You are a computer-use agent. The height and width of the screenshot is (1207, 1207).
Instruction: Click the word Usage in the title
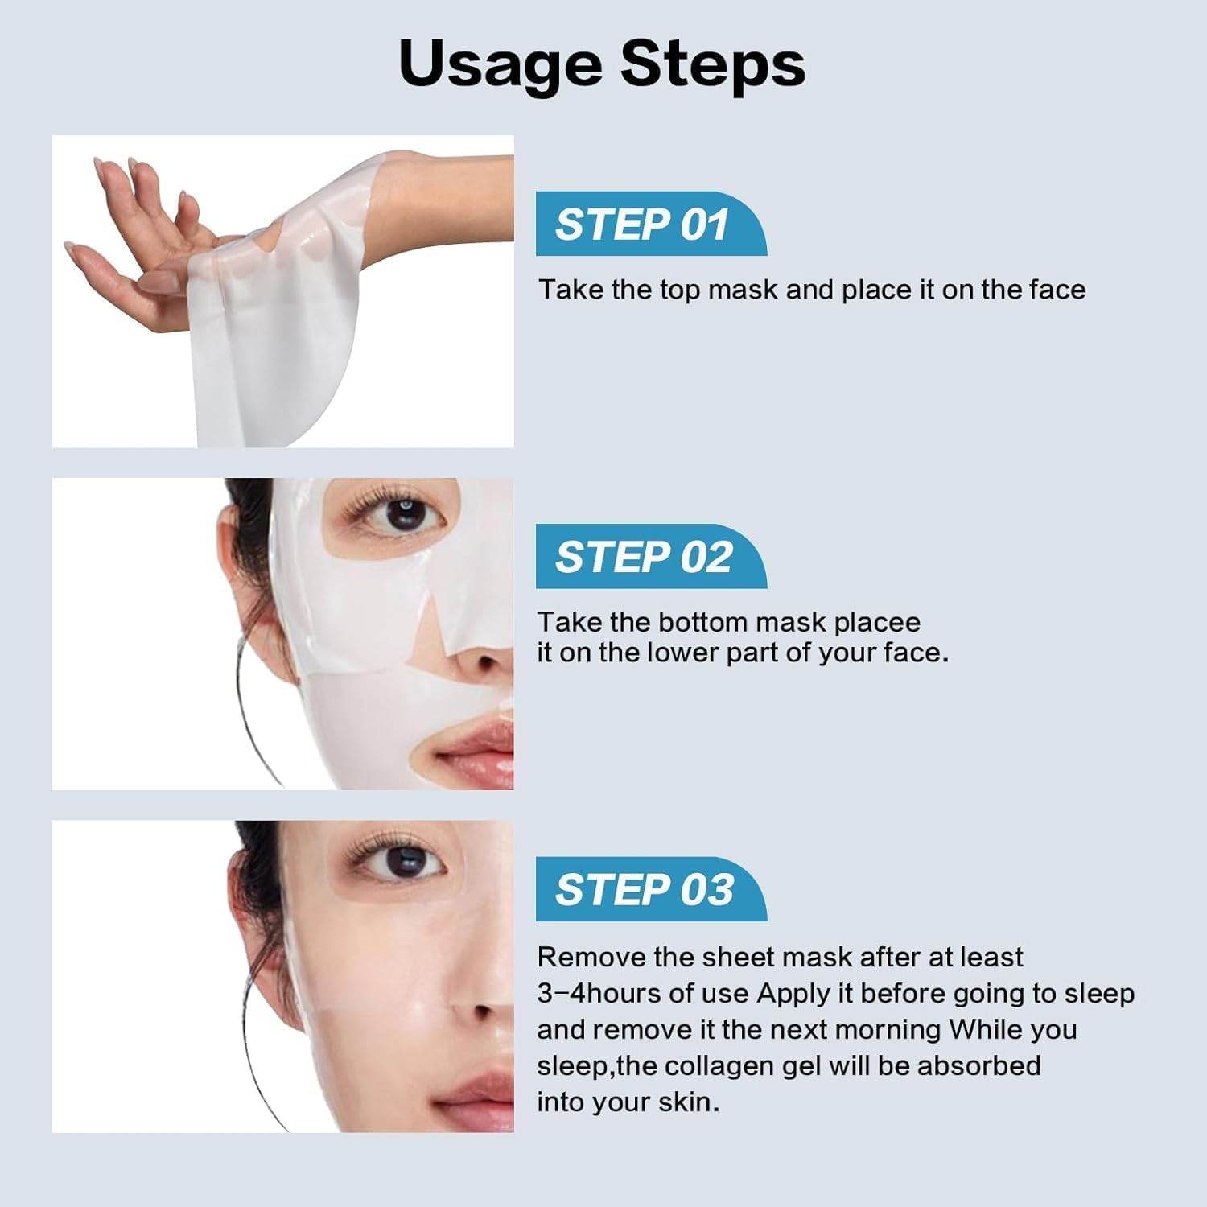coord(499,64)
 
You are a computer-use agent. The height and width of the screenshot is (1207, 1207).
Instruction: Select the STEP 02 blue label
coord(644,557)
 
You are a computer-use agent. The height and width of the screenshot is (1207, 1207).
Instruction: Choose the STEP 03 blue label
coord(644,890)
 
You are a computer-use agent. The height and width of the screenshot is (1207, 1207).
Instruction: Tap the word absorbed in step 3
coord(978,1065)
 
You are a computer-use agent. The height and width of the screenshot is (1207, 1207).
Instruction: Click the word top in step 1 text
coord(680,290)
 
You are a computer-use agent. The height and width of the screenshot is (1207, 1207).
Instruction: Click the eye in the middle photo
coord(402,513)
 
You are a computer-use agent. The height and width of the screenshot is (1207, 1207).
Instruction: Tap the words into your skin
coord(628,1102)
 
